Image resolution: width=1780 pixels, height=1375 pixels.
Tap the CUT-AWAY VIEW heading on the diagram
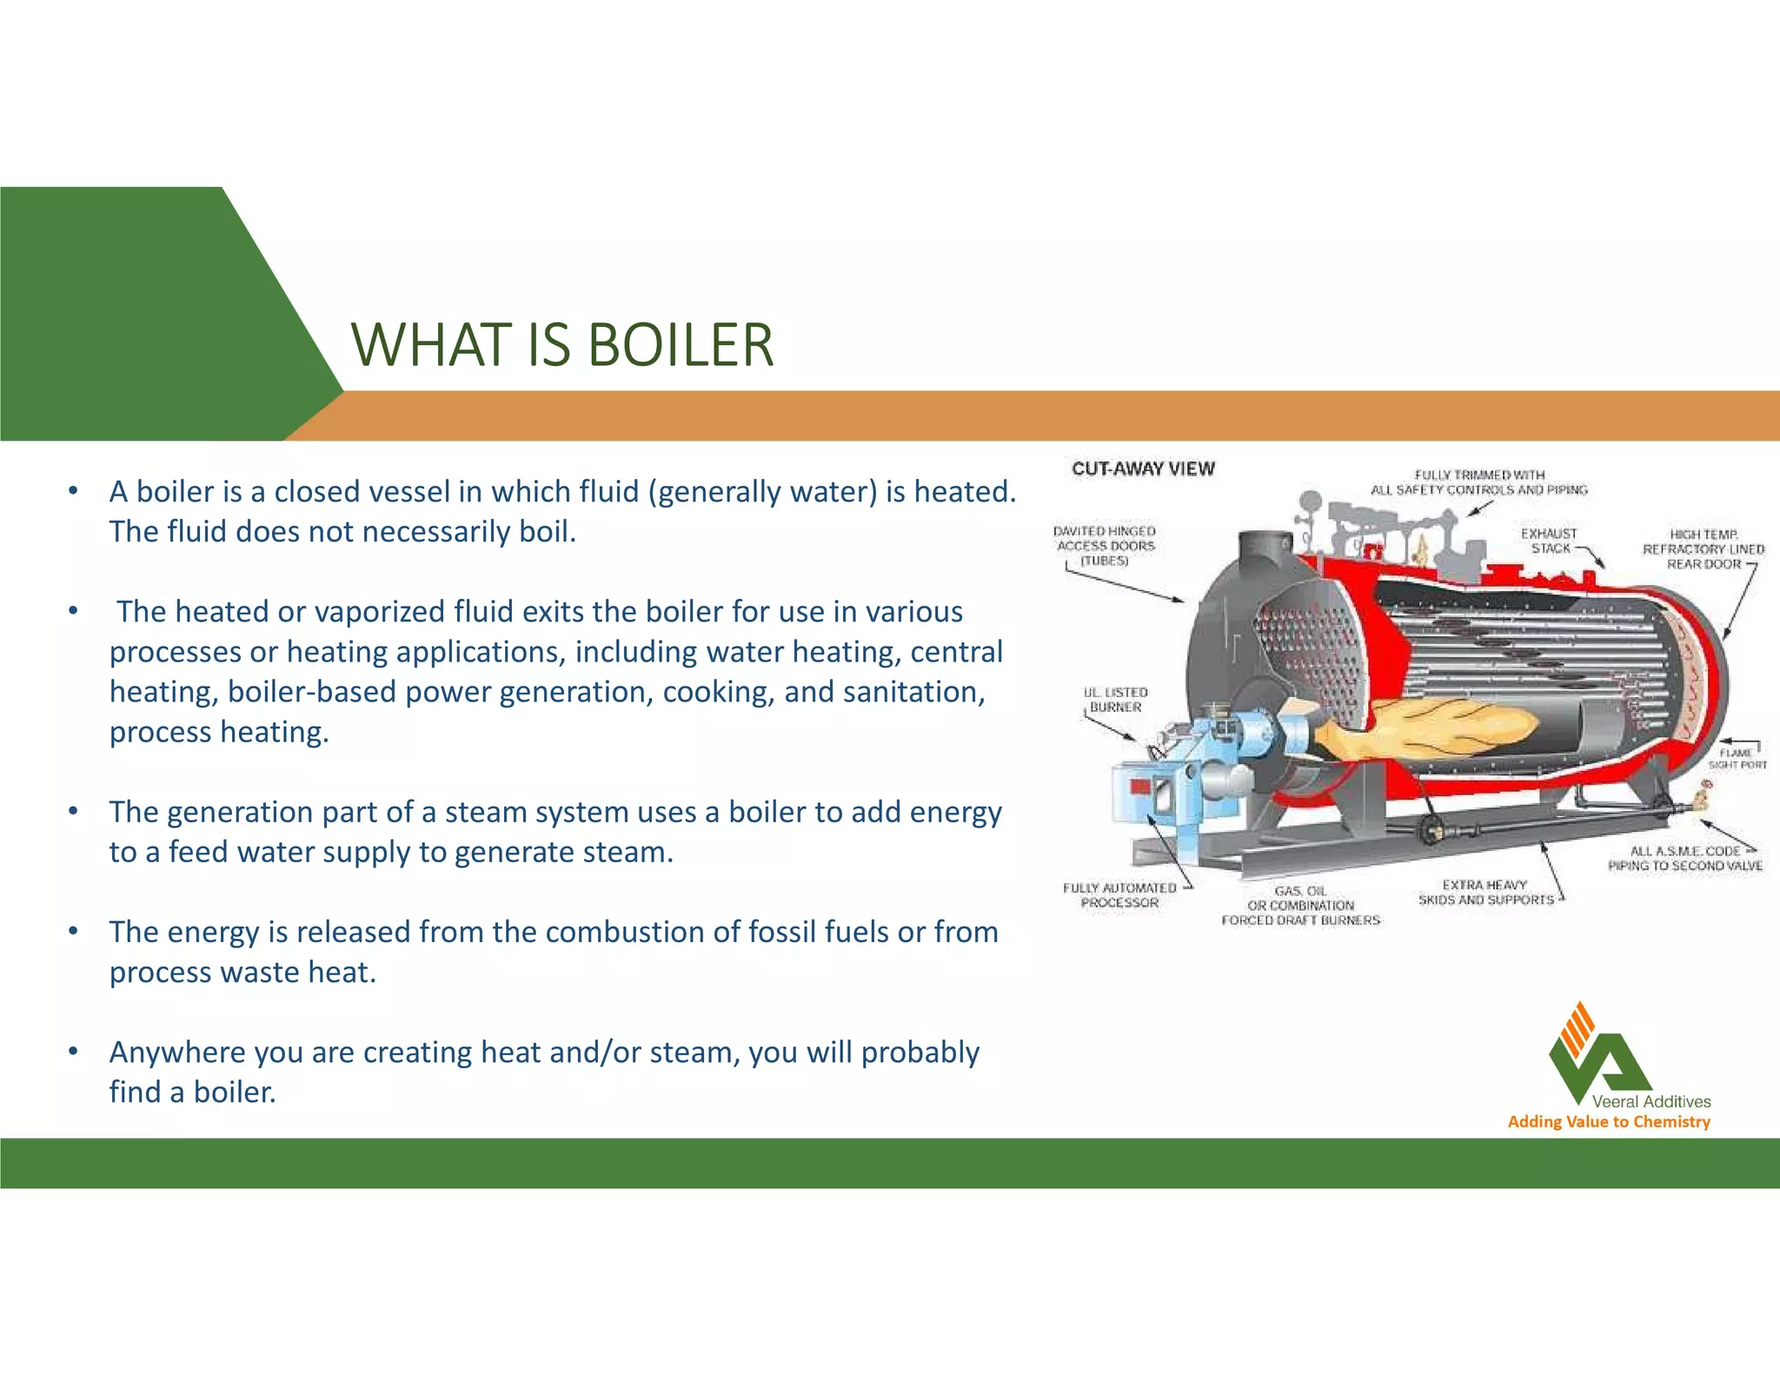click(1142, 468)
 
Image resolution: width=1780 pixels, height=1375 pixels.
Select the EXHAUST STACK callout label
click(1549, 541)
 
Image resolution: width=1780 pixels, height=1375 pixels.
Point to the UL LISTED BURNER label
click(1115, 700)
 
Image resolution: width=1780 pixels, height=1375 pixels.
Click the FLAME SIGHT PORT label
click(1737, 759)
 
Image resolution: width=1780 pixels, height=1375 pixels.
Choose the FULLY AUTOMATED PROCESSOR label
click(1119, 895)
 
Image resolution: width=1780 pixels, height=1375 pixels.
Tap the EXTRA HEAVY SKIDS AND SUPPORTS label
click(1485, 893)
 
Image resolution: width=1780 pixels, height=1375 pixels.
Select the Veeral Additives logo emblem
click(1597, 1052)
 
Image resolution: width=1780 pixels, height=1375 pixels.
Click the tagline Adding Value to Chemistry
click(1609, 1121)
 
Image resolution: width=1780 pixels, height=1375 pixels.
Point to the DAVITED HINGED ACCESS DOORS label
click(1105, 546)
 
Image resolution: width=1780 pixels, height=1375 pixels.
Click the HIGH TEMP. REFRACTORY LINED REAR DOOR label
click(1703, 549)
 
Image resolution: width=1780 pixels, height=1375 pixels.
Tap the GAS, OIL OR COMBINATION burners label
click(1300, 906)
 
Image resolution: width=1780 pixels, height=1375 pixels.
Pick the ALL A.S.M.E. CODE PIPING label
click(1684, 858)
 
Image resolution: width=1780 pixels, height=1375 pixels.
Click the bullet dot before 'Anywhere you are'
click(75, 1053)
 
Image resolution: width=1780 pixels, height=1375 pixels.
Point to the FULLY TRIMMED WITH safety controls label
click(1478, 482)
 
